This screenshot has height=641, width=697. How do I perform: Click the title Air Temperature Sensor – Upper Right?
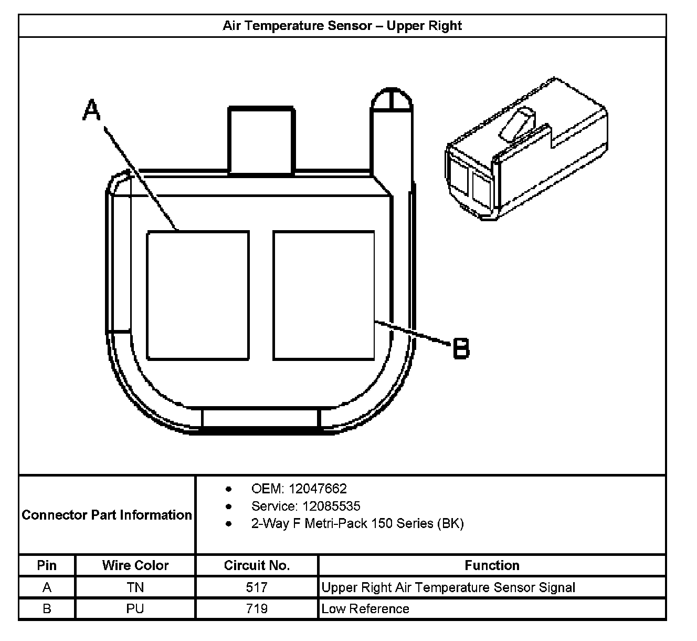coord(342,26)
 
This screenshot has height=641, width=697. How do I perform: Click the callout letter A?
coord(91,111)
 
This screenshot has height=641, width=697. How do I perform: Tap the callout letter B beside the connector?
coord(461,348)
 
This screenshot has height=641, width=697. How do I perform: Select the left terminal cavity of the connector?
coord(197,295)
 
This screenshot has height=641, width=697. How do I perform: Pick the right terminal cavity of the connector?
coord(324,295)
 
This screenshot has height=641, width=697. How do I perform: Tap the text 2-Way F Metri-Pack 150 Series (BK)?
coord(357,523)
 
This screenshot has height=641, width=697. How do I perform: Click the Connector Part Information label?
coord(107,515)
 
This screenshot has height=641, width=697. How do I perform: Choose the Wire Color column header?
coord(135,565)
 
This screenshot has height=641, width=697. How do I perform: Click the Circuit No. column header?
coord(257,565)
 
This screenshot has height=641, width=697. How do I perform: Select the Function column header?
coord(492,565)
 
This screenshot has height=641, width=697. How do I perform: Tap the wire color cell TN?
coord(135,587)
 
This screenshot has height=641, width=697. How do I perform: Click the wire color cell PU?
coord(135,609)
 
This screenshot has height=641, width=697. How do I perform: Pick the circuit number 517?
coord(257,587)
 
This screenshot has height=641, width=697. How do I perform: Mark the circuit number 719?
coord(257,609)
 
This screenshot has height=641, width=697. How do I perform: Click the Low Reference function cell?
coord(365,609)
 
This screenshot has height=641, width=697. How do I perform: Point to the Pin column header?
coord(47,565)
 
